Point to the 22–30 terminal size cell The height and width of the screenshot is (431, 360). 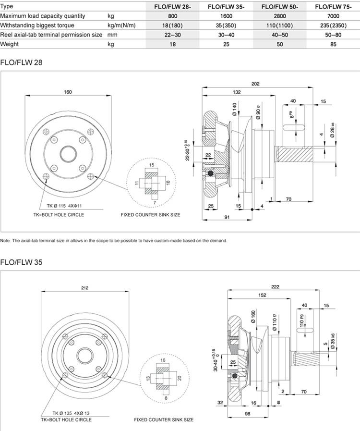(172, 35)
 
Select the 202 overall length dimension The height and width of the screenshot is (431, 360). (255, 84)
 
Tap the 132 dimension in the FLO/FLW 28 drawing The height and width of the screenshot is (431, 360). (237, 92)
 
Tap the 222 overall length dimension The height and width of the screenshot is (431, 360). (275, 286)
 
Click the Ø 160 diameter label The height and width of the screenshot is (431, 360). (253, 318)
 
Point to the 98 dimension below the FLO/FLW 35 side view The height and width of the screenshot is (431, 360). (248, 414)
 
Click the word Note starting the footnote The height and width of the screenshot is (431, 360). (5, 240)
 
